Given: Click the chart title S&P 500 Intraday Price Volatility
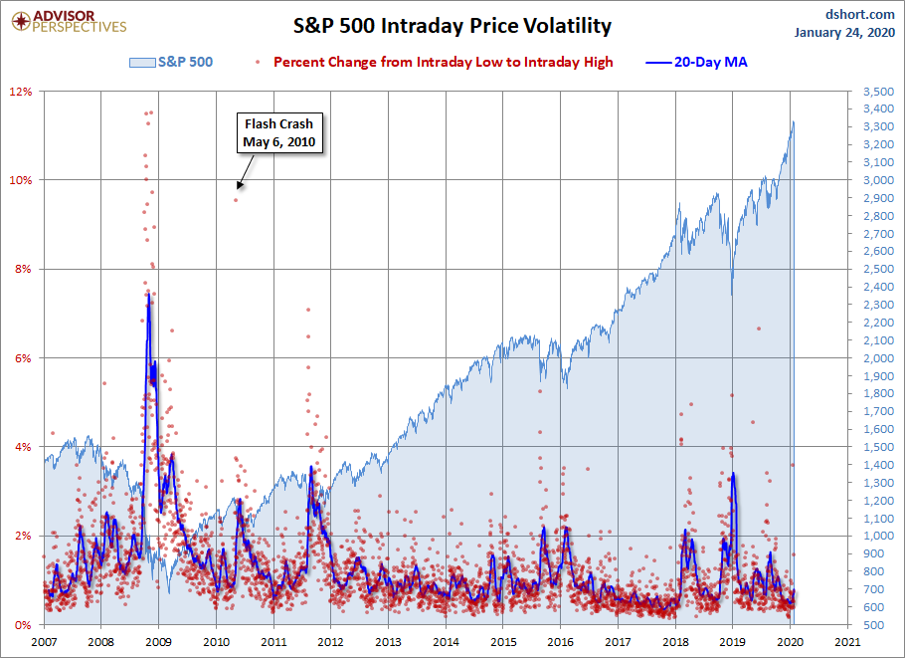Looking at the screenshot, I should [452, 26].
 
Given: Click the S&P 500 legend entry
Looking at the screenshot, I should [172, 62].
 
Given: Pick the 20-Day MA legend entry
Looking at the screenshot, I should [696, 62].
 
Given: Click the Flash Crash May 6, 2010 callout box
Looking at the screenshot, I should [278, 133].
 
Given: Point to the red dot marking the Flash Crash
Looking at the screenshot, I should [236, 200].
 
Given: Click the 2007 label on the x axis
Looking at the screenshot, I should [45, 643].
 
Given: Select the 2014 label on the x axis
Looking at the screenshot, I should [447, 643].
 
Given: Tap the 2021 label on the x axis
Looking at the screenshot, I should [848, 643].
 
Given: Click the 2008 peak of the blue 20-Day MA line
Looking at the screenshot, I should [148, 293].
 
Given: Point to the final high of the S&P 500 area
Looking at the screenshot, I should [794, 121].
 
